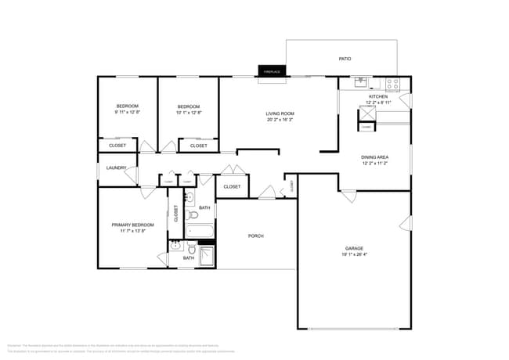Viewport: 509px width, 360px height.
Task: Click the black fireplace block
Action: point(272,71)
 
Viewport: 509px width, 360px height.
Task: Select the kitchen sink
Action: point(362,81)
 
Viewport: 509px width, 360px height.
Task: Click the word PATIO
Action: point(344,59)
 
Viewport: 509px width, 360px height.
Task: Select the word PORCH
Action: point(255,236)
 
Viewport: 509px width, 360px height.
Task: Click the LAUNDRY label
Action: point(116,167)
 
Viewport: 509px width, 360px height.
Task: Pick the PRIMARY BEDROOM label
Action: point(132,225)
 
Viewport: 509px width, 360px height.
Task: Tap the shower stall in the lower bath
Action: point(208,257)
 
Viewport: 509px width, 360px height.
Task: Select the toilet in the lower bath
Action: point(190,249)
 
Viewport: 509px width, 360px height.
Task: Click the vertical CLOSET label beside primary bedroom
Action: point(175,213)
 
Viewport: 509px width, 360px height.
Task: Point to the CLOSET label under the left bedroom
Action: point(117,146)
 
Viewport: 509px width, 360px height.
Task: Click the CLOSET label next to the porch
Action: point(232,186)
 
